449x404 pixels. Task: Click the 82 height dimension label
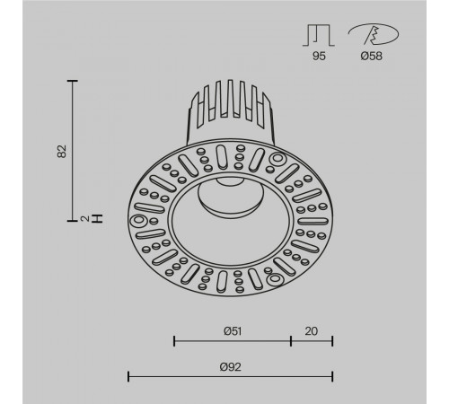[x=62, y=149]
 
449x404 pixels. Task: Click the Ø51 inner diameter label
[x=232, y=330]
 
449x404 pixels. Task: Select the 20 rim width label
[x=312, y=330]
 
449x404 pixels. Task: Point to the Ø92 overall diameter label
[x=230, y=365]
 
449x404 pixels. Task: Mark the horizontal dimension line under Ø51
[x=232, y=341]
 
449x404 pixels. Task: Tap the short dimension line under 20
[x=312, y=341]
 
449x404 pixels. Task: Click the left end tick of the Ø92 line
[x=128, y=376]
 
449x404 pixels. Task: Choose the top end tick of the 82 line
[x=73, y=80]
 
